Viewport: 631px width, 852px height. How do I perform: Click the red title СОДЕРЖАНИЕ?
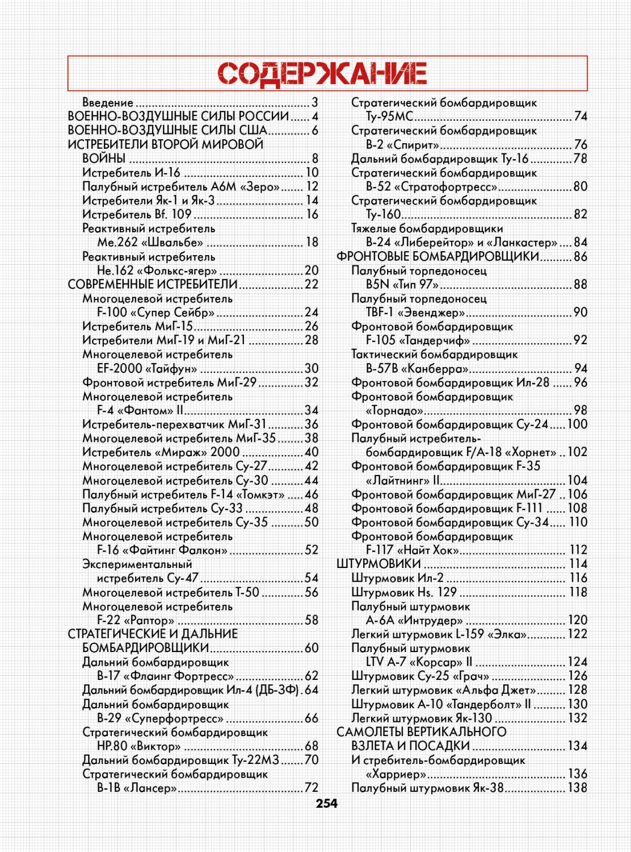click(322, 74)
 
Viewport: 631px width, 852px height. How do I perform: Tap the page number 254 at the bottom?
click(326, 804)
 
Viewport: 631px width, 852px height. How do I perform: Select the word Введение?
click(108, 103)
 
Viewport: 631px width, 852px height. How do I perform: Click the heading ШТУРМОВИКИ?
click(378, 564)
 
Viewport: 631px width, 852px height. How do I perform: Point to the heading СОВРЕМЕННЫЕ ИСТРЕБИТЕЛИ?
click(153, 285)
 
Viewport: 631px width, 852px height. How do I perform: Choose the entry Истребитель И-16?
click(131, 173)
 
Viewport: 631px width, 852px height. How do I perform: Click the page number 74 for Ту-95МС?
click(580, 116)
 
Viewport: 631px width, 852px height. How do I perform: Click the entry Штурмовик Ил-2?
click(397, 578)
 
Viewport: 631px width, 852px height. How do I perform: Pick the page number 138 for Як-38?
click(578, 788)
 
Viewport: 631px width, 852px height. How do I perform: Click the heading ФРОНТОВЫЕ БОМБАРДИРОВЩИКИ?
click(438, 257)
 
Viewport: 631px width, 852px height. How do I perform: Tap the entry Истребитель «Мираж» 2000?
click(161, 453)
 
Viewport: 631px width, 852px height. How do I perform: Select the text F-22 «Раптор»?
click(136, 620)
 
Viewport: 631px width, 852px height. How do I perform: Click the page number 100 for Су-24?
click(577, 424)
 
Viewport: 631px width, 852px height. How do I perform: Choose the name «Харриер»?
click(396, 774)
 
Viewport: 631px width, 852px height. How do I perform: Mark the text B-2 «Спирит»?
click(402, 145)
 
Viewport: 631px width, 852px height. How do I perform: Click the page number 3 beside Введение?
click(315, 103)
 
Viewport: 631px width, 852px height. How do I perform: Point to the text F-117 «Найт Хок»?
click(413, 550)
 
